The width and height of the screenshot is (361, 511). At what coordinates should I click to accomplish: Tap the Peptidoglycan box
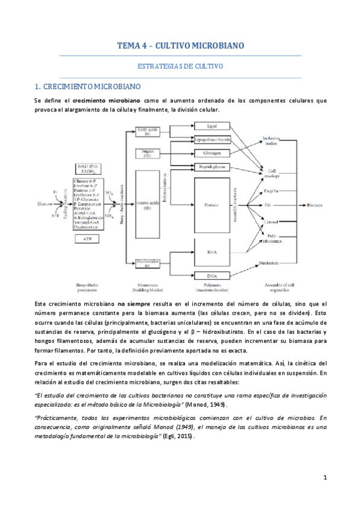(212, 166)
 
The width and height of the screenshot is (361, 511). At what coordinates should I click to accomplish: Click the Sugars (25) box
(147, 153)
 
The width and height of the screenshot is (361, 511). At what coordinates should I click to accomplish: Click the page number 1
(325, 478)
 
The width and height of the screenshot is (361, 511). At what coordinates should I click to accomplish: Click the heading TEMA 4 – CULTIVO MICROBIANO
(180, 46)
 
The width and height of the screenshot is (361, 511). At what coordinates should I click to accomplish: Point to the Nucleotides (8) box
(147, 263)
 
